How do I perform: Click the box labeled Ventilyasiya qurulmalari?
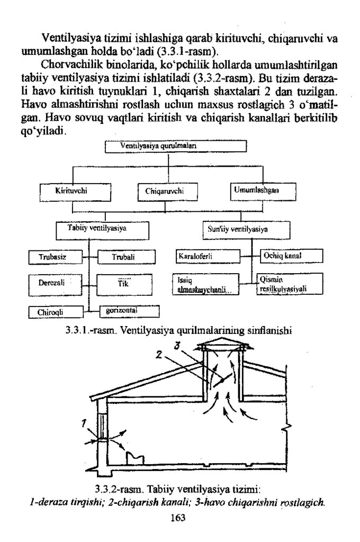point(176,146)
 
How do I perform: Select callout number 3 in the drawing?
point(179,345)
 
